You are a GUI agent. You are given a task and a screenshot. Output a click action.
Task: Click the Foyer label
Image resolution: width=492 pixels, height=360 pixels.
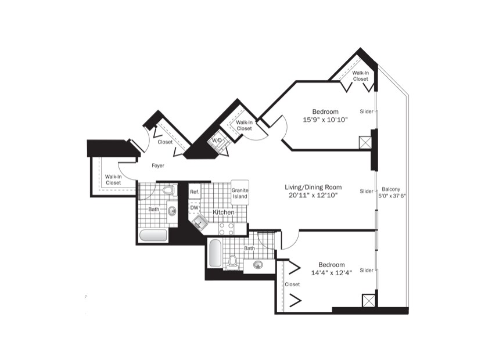tap(158, 165)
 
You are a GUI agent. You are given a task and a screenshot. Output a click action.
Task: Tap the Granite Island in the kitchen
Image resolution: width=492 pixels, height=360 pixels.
tap(240, 193)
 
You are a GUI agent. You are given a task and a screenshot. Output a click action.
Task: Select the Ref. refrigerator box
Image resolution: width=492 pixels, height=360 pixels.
tap(195, 192)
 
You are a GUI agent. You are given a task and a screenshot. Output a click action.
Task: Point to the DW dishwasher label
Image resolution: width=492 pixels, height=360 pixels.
tap(194, 207)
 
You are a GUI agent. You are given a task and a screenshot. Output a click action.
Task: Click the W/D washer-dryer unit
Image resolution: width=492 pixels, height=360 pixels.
tap(217, 141)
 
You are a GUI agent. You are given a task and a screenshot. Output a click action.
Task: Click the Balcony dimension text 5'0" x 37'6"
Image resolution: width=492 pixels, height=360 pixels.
tap(393, 196)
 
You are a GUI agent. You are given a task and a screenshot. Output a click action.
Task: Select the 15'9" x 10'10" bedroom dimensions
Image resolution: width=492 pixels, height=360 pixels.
tap(325, 120)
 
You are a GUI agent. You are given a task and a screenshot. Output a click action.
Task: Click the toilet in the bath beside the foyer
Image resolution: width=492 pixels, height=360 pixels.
tap(168, 190)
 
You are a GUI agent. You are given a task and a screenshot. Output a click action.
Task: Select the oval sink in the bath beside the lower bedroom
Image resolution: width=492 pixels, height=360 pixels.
tap(258, 265)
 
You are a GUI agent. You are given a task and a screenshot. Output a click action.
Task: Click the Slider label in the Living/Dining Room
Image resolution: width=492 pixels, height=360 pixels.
tap(366, 191)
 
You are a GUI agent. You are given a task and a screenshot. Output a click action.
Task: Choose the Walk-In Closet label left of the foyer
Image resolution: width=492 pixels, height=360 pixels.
tap(113, 179)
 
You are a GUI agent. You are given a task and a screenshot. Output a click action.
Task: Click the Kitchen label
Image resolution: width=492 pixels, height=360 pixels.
tap(224, 213)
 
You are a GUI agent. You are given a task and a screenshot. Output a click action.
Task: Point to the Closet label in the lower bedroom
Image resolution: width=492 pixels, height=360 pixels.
tap(292, 285)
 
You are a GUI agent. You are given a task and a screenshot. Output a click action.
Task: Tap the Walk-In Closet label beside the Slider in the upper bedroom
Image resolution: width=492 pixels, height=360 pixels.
tap(360, 75)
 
